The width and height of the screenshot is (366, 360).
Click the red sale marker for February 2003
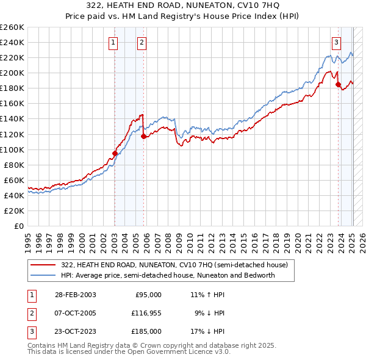click(115, 153)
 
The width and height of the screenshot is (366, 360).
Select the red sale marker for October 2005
click(143, 137)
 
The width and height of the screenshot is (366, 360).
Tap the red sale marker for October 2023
click(338, 84)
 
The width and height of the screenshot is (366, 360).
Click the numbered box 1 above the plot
click(113, 42)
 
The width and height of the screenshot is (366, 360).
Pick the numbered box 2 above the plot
click(142, 42)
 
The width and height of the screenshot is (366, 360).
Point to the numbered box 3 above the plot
click(336, 42)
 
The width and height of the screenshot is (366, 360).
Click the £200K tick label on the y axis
click(12, 73)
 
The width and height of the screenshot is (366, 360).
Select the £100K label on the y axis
click(12, 149)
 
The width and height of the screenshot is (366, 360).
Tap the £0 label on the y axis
click(18, 226)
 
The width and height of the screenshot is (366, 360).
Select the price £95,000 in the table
click(148, 295)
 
